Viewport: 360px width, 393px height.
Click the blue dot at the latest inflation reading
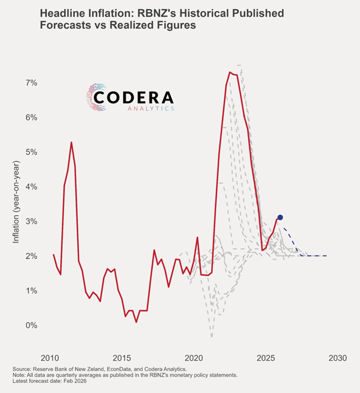pyautogui.click(x=280, y=218)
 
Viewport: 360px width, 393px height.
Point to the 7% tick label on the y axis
pyautogui.click(x=31, y=83)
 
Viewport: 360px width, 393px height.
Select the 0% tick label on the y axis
pyautogui.click(x=31, y=325)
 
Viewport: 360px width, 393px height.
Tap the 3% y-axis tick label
pyautogui.click(x=31, y=221)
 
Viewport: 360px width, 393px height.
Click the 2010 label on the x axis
pyautogui.click(x=50, y=358)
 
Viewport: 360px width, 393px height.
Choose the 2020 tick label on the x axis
pyautogui.click(x=193, y=358)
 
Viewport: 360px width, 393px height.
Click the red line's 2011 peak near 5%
pyautogui.click(x=71, y=142)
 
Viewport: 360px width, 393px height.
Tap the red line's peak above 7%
pyautogui.click(x=230, y=72)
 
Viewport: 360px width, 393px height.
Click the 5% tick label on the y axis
pyautogui.click(x=31, y=152)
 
